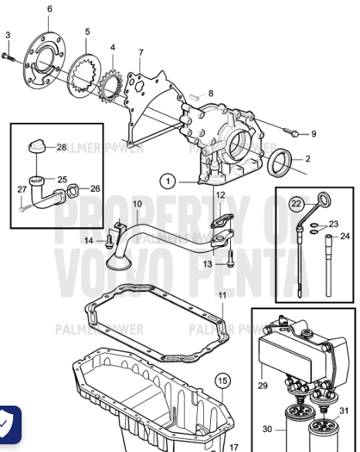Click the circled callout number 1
point(168,182)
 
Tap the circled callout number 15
point(222,380)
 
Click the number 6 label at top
point(50,8)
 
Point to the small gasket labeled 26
point(70,188)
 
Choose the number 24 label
point(345,236)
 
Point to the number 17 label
point(234,446)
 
